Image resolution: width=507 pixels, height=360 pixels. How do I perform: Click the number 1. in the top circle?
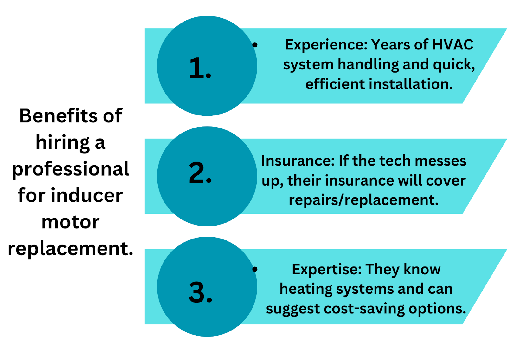[x=200, y=68]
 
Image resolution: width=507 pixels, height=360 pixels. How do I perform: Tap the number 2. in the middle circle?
[x=200, y=173]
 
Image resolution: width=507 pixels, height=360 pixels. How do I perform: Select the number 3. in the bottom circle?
[x=201, y=292]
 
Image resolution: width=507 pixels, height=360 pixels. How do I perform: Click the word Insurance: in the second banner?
[x=298, y=161]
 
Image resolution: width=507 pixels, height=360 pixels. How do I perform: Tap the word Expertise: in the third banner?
[x=327, y=270]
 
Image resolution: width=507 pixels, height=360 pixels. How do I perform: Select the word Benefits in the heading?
[x=59, y=116]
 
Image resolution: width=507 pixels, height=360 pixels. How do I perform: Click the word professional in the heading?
[x=70, y=169]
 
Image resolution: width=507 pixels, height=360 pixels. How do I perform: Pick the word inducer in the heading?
[x=87, y=195]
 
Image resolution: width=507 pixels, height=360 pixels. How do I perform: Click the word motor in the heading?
[x=70, y=222]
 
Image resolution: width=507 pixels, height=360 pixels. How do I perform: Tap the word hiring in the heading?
[x=63, y=143]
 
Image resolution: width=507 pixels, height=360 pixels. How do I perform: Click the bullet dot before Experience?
[x=255, y=45]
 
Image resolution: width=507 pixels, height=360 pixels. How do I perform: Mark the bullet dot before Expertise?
[x=255, y=269]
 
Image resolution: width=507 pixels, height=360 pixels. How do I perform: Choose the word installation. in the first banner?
[x=411, y=84]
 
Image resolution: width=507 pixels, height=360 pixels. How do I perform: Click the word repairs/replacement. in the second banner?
[x=364, y=200]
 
